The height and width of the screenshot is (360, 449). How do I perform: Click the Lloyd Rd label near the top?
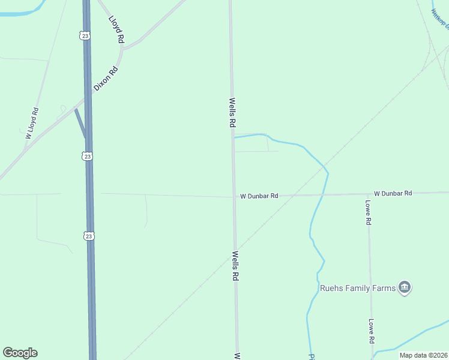[116, 28]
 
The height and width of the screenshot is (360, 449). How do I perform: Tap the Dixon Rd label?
[106, 79]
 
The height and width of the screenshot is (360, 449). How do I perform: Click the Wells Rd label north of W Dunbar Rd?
[232, 113]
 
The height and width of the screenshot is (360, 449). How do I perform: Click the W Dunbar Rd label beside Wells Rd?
[259, 196]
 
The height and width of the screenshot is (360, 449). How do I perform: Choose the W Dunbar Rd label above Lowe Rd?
[393, 193]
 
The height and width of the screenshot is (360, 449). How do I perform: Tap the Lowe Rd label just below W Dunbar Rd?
[369, 212]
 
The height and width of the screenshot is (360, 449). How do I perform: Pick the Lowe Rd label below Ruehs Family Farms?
[372, 331]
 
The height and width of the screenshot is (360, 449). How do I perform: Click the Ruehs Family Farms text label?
[358, 288]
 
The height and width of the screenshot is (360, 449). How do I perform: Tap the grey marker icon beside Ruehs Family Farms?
[405, 288]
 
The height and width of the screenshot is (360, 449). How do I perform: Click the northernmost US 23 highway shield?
[85, 36]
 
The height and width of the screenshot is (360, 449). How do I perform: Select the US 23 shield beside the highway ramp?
[88, 156]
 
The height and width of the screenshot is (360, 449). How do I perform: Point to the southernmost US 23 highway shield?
[89, 236]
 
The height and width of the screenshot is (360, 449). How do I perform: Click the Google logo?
[20, 353]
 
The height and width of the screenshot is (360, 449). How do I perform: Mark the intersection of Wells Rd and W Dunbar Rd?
[234, 196]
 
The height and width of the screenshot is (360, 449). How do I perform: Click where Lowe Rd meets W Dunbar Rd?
[369, 194]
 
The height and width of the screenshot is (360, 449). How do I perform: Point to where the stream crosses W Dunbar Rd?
[322, 195]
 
